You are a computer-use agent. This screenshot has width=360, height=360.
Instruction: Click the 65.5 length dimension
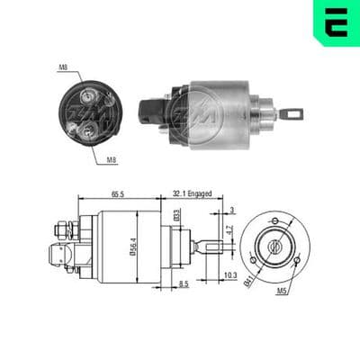point(118,194)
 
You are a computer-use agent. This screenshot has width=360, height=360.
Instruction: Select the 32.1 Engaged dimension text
point(192,193)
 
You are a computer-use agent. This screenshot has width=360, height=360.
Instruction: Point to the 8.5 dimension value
point(183,283)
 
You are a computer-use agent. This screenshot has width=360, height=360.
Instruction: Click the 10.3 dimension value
point(230,275)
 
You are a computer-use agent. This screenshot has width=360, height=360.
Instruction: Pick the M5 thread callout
point(282,291)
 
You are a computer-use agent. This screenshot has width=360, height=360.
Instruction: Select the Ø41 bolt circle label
point(248,283)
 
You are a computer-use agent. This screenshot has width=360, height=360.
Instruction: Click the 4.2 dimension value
point(229,229)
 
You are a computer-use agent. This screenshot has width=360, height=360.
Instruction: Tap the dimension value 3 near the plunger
point(231,210)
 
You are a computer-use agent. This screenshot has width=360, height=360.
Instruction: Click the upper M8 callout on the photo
point(63,67)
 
